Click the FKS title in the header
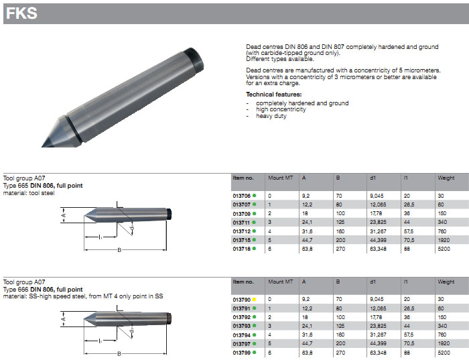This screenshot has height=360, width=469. [x=21, y=13]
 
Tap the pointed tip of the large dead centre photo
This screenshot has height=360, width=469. [x=42, y=146]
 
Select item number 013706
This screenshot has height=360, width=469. [x=241, y=196]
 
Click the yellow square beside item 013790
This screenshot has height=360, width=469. [x=254, y=299]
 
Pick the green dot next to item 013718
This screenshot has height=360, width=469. [x=254, y=248]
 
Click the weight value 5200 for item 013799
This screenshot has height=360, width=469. [x=444, y=353]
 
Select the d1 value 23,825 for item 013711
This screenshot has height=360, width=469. [x=378, y=223]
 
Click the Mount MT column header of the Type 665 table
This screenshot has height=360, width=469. [x=280, y=178]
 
